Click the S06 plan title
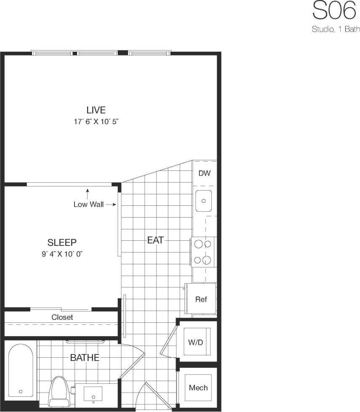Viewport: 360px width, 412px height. [x=334, y=11]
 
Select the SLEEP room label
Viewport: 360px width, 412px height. [x=62, y=242]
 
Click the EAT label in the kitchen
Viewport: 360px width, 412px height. [x=155, y=240]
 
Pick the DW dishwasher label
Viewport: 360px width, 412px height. [x=204, y=173]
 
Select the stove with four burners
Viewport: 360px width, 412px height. [x=203, y=252]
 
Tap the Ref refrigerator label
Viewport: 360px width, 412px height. [x=201, y=300]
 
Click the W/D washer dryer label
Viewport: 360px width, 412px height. [x=196, y=342]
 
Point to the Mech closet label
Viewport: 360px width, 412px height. [x=198, y=387]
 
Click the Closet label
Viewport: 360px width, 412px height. [x=62, y=317]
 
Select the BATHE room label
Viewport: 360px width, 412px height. [x=85, y=358]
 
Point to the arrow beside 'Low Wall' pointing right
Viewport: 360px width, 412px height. [x=110, y=205]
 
